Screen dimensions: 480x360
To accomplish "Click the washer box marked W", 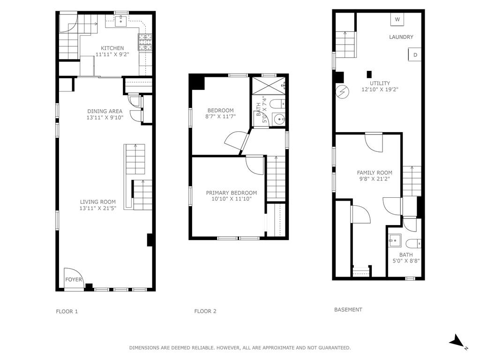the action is point(397,19).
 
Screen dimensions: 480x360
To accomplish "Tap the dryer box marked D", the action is point(415,54).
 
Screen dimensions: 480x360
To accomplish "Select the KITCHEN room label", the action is point(112,48).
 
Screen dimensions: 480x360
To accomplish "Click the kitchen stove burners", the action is point(145,42).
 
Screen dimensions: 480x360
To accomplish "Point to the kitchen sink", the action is point(121,21).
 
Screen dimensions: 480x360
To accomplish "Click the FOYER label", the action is point(74,279).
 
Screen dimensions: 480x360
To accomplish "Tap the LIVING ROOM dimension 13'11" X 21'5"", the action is point(98,209).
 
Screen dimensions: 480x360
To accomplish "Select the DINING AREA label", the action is point(105,111).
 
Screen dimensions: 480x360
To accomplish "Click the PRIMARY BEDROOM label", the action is point(232,193).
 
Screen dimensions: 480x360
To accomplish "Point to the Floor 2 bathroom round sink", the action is point(279,119).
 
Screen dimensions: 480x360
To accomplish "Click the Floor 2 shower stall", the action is point(269,85).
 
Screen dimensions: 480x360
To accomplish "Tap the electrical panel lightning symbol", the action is point(341,91).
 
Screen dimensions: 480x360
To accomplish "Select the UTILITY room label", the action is point(380,83).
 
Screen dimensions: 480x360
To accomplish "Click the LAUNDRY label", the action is point(401,37).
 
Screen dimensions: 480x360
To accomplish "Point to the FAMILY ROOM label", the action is point(375,172).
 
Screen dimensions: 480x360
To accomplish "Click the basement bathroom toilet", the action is point(413,244).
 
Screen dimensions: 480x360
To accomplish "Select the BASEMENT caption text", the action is point(348,309).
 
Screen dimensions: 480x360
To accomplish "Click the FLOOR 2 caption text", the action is point(205,311).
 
